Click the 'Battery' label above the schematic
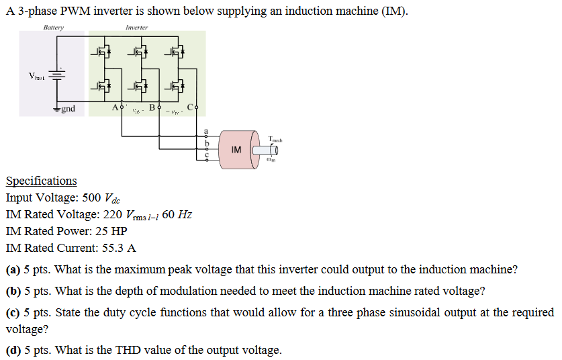pyautogui.click(x=53, y=28)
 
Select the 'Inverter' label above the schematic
pyautogui.click(x=136, y=28)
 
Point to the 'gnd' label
pyautogui.click(x=68, y=109)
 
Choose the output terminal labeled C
pyautogui.click(x=196, y=108)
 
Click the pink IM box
pyautogui.click(x=236, y=150)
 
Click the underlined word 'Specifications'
pyautogui.click(x=41, y=181)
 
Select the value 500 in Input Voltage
pyautogui.click(x=91, y=198)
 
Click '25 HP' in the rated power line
pyautogui.click(x=112, y=231)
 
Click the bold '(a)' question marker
pyautogui.click(x=13, y=270)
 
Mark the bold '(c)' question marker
pyautogui.click(x=13, y=313)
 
